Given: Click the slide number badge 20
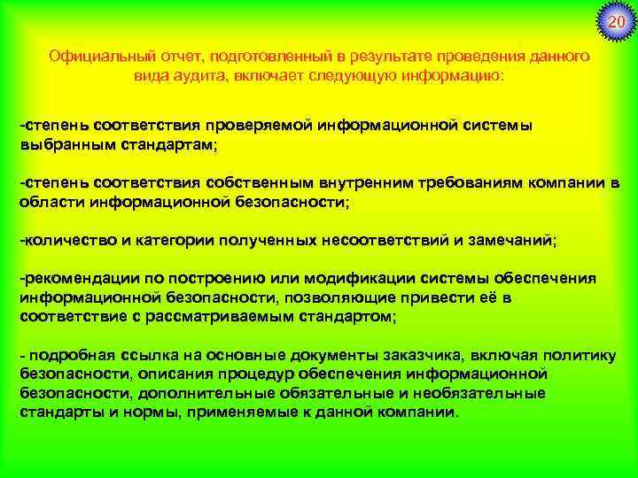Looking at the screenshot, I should pyautogui.click(x=616, y=20).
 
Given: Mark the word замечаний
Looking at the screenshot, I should pyautogui.click(x=510, y=240).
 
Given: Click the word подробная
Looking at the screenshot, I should pyautogui.click(x=79, y=356).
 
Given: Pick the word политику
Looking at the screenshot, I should pyautogui.click(x=585, y=356).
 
